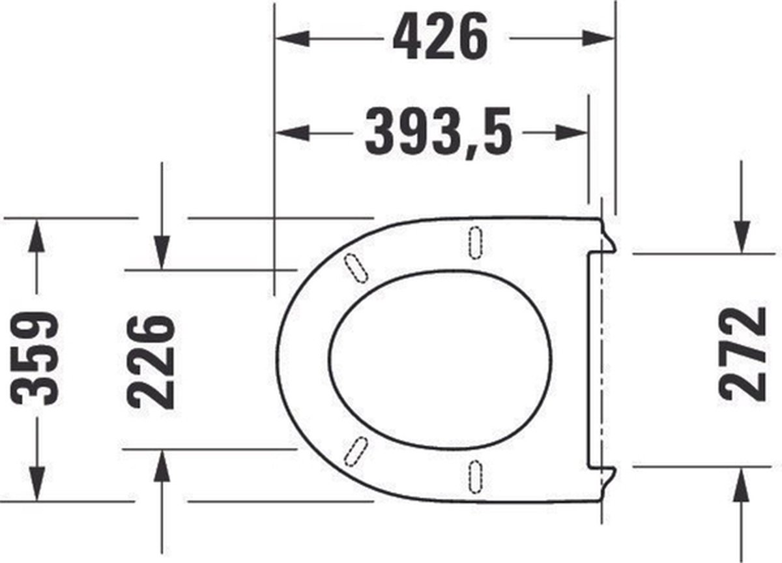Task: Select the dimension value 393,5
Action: (438, 132)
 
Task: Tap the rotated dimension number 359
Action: (36, 359)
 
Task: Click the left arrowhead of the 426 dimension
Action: (291, 38)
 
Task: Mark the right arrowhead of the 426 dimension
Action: (600, 38)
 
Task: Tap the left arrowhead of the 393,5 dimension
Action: (291, 133)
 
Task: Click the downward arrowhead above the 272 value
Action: (742, 237)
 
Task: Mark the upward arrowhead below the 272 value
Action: (742, 482)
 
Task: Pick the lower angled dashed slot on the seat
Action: (356, 451)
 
